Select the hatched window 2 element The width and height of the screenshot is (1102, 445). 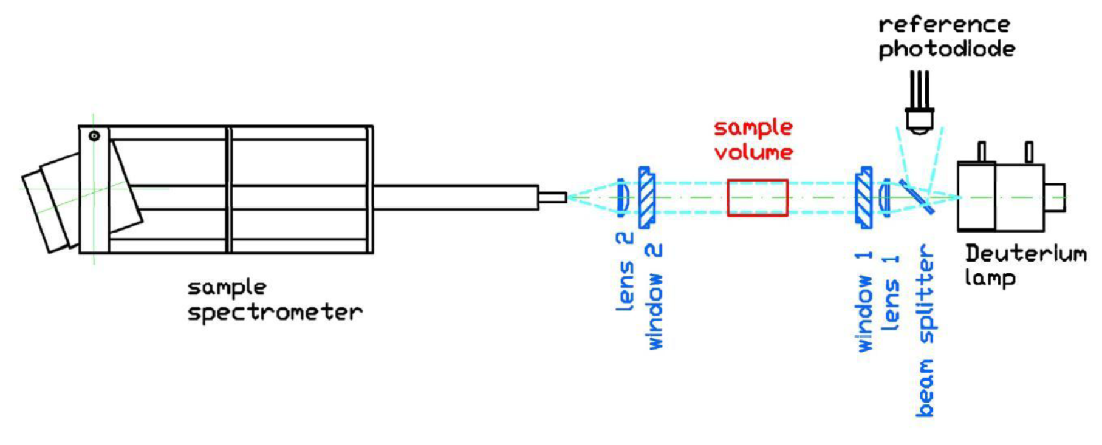[x=647, y=197]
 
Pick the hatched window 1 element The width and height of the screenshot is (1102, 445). [x=863, y=197]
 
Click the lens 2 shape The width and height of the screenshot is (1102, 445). [x=622, y=197]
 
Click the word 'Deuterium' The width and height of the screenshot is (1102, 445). [x=1026, y=254]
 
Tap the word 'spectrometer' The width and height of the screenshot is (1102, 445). [x=275, y=313]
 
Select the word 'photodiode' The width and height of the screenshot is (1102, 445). [x=947, y=49]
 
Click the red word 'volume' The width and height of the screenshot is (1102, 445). [x=753, y=151]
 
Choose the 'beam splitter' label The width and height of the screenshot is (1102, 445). [x=925, y=331]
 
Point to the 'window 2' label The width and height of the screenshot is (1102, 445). [x=654, y=296]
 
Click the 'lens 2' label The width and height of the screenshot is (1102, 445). [x=625, y=271]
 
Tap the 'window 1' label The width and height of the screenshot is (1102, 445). [x=864, y=301]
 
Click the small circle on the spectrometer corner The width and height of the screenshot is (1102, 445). [x=94, y=136]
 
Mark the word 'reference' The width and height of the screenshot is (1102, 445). [x=944, y=25]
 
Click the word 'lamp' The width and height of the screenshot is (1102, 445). [x=990, y=279]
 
